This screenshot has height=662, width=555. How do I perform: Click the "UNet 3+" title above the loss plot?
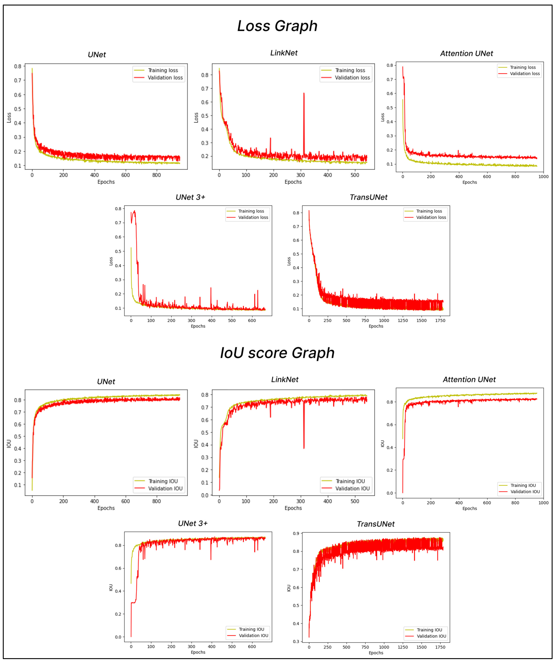pos(190,197)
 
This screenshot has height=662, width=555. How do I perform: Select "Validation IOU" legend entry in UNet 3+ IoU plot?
pos(253,636)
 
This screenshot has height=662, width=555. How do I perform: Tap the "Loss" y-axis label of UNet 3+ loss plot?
pos(111,261)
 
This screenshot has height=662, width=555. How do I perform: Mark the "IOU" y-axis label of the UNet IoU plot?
pos(9,444)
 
